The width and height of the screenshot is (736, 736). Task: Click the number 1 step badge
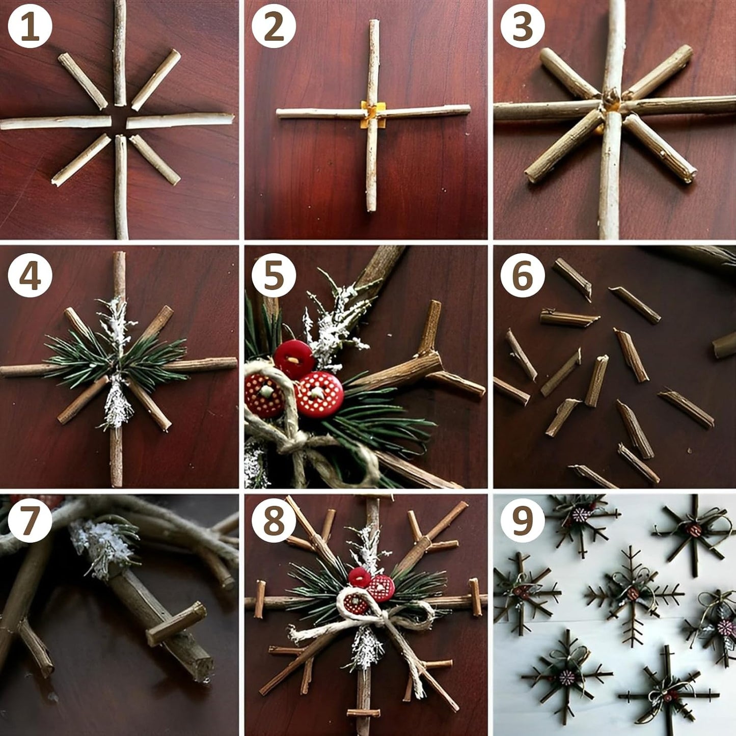30,26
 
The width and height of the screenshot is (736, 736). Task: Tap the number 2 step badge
274,26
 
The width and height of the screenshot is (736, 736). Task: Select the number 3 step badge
523,26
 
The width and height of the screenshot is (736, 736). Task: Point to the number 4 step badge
30,276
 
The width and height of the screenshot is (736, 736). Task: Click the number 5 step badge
274,276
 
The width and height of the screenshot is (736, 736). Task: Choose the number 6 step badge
523,276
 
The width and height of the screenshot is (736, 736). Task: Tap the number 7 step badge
30,521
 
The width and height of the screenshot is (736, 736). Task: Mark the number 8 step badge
274,521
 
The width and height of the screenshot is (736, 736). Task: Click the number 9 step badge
523,521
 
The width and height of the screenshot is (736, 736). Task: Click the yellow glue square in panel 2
373,114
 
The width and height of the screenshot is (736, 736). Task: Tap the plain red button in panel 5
294,360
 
